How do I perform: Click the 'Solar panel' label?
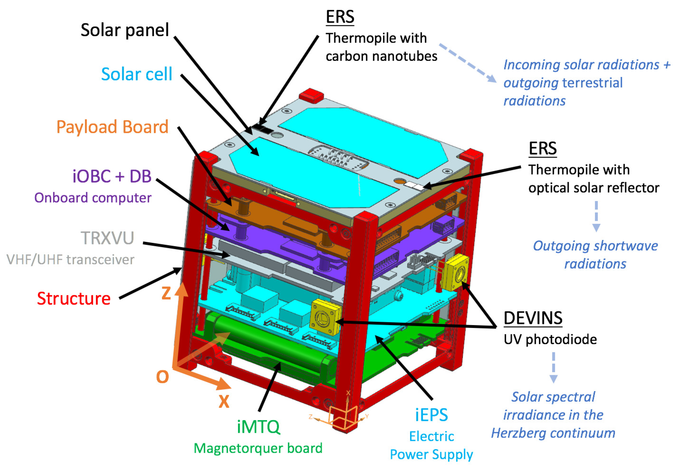tap(125, 30)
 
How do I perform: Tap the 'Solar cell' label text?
tap(136, 74)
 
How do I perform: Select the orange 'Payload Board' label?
tap(112, 127)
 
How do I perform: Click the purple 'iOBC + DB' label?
tap(112, 176)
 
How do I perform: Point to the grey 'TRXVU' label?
tap(107, 238)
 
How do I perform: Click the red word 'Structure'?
tap(74, 298)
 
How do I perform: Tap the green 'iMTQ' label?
tap(258, 427)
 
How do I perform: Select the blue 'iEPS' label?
tap(431, 415)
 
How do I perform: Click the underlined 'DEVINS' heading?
tap(533, 318)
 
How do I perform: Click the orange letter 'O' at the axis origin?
tap(162, 377)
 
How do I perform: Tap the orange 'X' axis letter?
tap(224, 401)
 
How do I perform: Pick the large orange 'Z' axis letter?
tap(166, 293)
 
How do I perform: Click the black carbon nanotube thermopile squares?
tap(262, 128)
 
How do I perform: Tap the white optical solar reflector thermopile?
tap(414, 185)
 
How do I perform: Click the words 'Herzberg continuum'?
tap(553, 433)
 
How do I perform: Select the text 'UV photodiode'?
tap(550, 339)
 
